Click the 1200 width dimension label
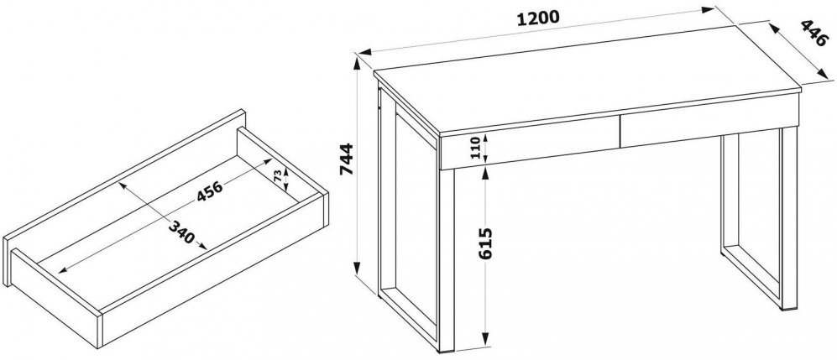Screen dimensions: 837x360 538,18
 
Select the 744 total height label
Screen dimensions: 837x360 347,159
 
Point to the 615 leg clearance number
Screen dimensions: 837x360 485,243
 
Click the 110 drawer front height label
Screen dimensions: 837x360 474,147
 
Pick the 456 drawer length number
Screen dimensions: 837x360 210,189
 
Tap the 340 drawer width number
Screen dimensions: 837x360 181,232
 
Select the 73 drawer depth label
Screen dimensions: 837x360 278,176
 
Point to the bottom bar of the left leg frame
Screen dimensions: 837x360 408,320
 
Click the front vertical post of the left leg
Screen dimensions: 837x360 447,260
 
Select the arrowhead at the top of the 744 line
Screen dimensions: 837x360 357,62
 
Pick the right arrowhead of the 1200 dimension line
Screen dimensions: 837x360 708,9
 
